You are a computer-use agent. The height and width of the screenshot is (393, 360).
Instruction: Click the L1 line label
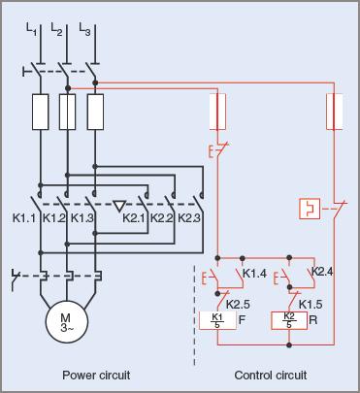[x=32, y=32]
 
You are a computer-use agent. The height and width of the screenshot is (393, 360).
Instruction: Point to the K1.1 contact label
[x=25, y=218]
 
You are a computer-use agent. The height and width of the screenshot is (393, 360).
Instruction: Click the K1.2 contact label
[x=54, y=218]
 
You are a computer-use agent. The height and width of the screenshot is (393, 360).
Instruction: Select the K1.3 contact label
[x=82, y=218]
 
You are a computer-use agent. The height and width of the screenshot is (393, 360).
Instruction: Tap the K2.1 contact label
[x=134, y=218]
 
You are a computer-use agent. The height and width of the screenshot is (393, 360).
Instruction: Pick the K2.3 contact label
[x=189, y=218]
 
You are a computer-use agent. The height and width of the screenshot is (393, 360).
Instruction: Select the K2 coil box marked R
[x=288, y=318]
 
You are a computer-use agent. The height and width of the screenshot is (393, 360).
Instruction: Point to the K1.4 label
[x=254, y=273]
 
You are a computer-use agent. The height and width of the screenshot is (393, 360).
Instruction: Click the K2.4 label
[x=322, y=272]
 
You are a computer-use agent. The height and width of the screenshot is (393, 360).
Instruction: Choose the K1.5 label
[x=311, y=303]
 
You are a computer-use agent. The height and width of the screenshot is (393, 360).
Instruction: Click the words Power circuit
[x=96, y=375]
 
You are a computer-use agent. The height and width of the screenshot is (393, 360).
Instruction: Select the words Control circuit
[x=271, y=375]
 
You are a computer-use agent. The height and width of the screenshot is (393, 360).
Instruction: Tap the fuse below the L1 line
[x=40, y=114]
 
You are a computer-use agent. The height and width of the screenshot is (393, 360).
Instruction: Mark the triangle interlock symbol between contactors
[x=117, y=205]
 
